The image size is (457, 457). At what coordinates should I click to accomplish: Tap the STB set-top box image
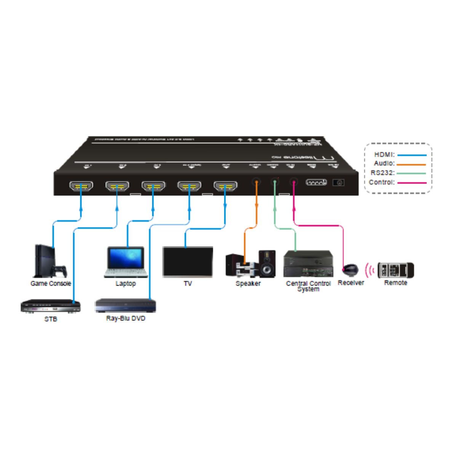point(51,307)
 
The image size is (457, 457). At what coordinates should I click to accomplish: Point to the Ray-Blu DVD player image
point(125,305)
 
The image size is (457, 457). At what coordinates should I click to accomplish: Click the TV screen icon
point(188,262)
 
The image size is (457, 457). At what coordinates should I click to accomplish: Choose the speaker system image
point(250,264)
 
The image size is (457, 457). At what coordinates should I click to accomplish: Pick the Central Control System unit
point(308,264)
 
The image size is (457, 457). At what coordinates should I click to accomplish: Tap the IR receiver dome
point(350,270)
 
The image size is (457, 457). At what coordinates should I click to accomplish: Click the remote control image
point(395,270)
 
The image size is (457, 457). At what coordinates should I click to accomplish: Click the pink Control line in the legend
point(412,183)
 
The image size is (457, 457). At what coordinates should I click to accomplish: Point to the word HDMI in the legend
point(384,155)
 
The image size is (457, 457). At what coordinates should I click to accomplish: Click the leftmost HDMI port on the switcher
point(80,187)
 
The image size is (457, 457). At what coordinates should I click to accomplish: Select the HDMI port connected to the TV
point(225,187)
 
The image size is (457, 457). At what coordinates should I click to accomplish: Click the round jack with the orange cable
point(257,182)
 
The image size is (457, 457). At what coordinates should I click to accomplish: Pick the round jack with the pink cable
point(293,182)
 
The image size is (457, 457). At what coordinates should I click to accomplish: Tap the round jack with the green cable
point(275,182)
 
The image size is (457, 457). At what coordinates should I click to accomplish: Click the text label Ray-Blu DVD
point(125,318)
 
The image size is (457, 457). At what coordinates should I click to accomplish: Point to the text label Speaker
point(248,283)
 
